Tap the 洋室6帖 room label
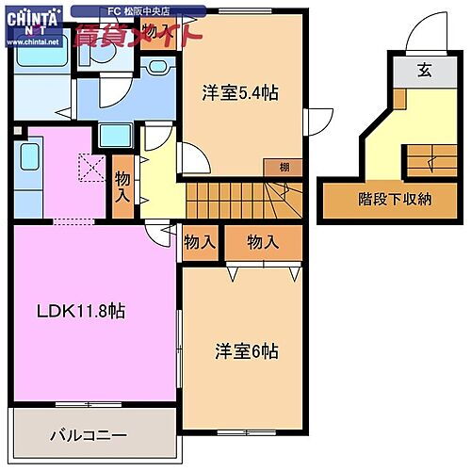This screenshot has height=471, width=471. tap(246, 350)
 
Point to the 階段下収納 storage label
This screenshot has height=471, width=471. tap(395, 199)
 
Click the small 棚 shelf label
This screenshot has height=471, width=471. tap(284, 167)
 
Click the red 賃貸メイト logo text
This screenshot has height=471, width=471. tap(138, 37)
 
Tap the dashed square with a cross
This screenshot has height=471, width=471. tap(92, 168)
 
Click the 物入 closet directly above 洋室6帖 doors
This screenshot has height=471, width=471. tap(263, 242)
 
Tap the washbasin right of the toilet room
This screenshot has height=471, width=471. tap(156, 70)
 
